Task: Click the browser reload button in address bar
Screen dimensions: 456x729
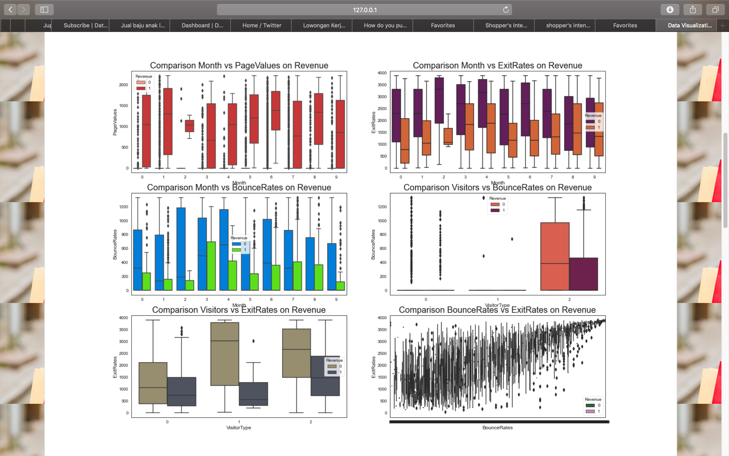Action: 506,10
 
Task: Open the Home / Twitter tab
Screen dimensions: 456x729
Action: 261,25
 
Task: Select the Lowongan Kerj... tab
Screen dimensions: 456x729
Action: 324,25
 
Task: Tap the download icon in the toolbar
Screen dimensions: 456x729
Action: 670,10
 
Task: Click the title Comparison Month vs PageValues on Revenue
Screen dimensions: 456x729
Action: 239,65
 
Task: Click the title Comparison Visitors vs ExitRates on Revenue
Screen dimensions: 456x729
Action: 239,310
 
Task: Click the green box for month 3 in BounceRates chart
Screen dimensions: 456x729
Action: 211,265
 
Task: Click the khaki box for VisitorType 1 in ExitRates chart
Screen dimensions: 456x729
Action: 225,354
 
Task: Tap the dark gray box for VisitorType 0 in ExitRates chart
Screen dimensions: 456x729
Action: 182,391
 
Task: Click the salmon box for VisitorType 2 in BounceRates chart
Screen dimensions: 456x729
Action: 555,256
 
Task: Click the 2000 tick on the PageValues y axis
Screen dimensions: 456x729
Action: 123,85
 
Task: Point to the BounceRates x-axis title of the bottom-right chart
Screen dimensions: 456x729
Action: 497,428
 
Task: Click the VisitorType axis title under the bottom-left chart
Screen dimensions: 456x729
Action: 239,428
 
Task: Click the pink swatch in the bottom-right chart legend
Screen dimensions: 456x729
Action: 590,411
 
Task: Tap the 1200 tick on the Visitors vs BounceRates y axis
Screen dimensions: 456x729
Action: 382,207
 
